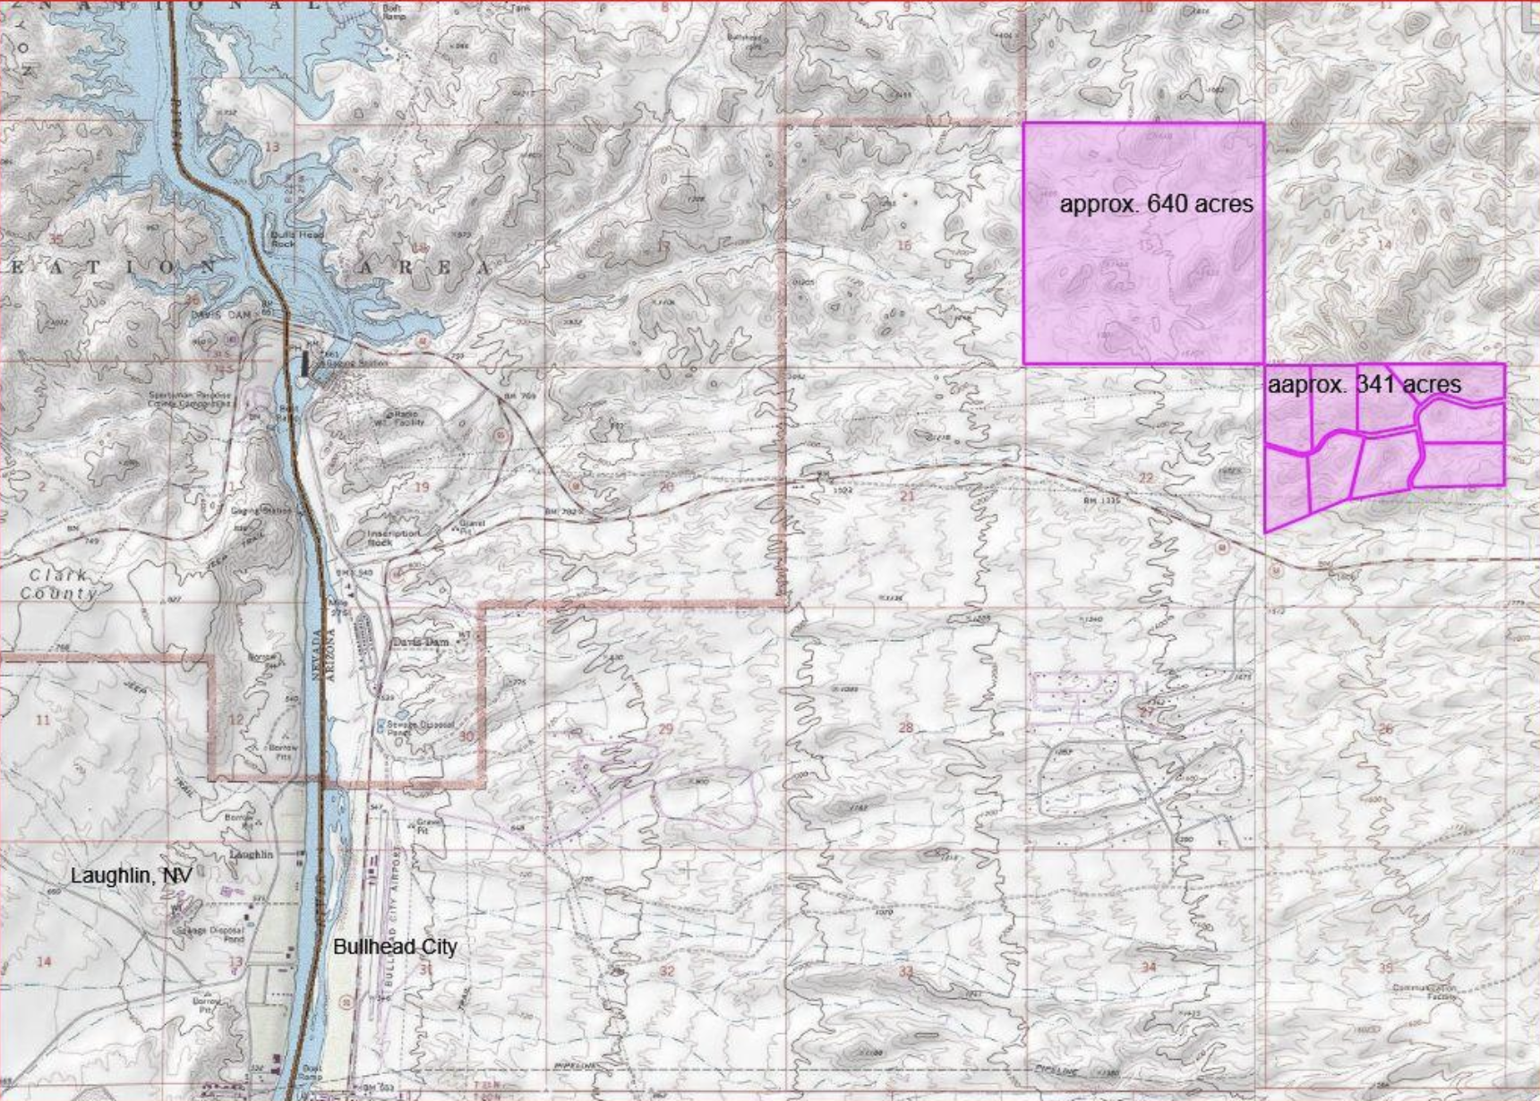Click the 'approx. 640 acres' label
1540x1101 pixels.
(1156, 204)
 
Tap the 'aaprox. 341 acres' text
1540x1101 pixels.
(1364, 385)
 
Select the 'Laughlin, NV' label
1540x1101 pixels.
(131, 875)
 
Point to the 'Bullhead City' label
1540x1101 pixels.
(395, 947)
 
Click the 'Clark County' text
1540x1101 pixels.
(58, 585)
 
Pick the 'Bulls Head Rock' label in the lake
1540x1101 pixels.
(284, 239)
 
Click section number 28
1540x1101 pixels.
(906, 728)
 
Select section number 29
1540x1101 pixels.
(665, 730)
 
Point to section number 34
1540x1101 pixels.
(1149, 967)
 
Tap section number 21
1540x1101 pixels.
(907, 495)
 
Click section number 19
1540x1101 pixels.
(421, 487)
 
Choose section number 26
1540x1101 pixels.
(1385, 729)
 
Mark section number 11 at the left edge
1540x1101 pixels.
(42, 720)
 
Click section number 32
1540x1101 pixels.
(666, 971)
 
